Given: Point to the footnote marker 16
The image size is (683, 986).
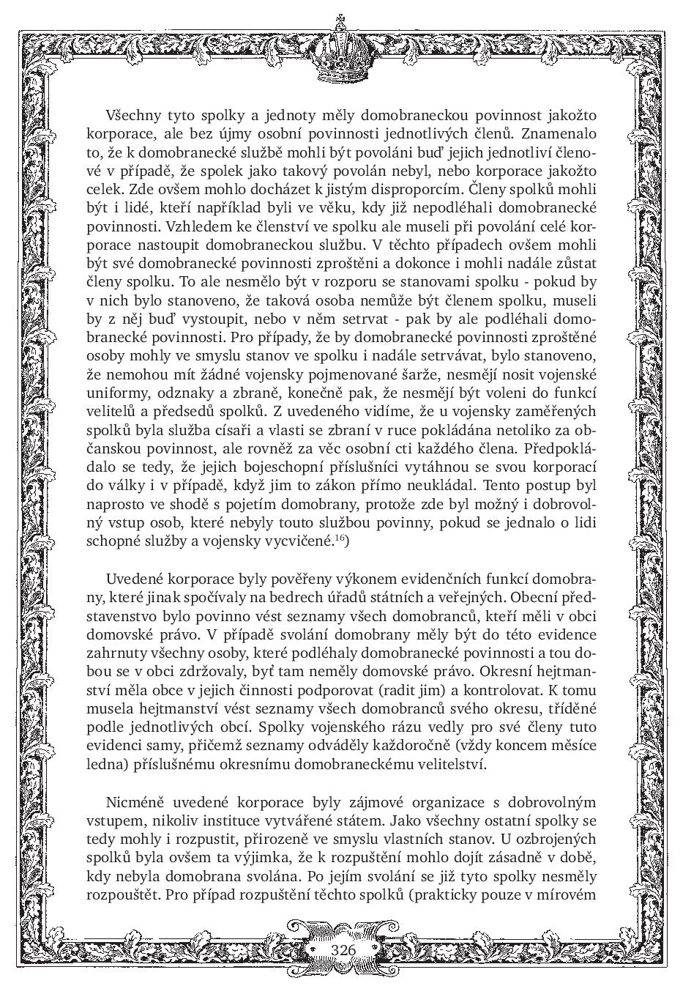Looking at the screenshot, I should click(x=340, y=538).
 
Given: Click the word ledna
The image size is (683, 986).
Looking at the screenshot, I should click(x=102, y=764).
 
